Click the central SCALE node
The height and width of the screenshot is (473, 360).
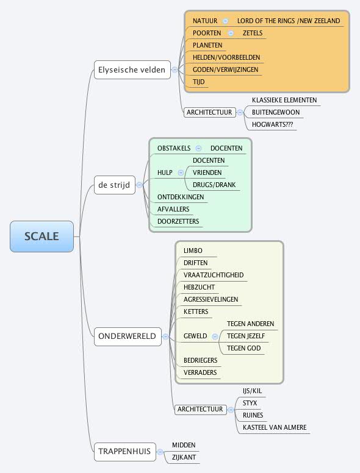pos(41,237)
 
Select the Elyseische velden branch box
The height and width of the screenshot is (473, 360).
pos(131,69)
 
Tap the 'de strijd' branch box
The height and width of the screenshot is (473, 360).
pos(114,184)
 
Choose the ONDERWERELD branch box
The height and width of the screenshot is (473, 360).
pos(127,336)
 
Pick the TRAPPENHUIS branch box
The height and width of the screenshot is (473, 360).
pos(123,452)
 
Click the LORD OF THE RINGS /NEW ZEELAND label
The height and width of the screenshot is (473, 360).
pos(288,21)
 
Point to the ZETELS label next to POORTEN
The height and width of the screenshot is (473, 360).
pos(253,33)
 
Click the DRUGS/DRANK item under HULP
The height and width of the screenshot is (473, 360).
pos(214,185)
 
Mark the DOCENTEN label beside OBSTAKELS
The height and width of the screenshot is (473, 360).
pos(226,148)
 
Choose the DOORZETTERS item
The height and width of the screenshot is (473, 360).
pos(178,221)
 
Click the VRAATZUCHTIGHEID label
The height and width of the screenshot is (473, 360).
pos(214,275)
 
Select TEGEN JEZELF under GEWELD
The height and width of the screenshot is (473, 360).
pos(245,336)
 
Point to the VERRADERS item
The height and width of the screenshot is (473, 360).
pos(200,372)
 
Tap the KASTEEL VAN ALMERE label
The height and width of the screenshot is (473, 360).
pos(275,427)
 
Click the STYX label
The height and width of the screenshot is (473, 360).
pos(250,403)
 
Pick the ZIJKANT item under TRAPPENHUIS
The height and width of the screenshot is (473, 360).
pos(184,457)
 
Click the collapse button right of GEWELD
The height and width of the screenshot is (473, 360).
pos(215,336)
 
